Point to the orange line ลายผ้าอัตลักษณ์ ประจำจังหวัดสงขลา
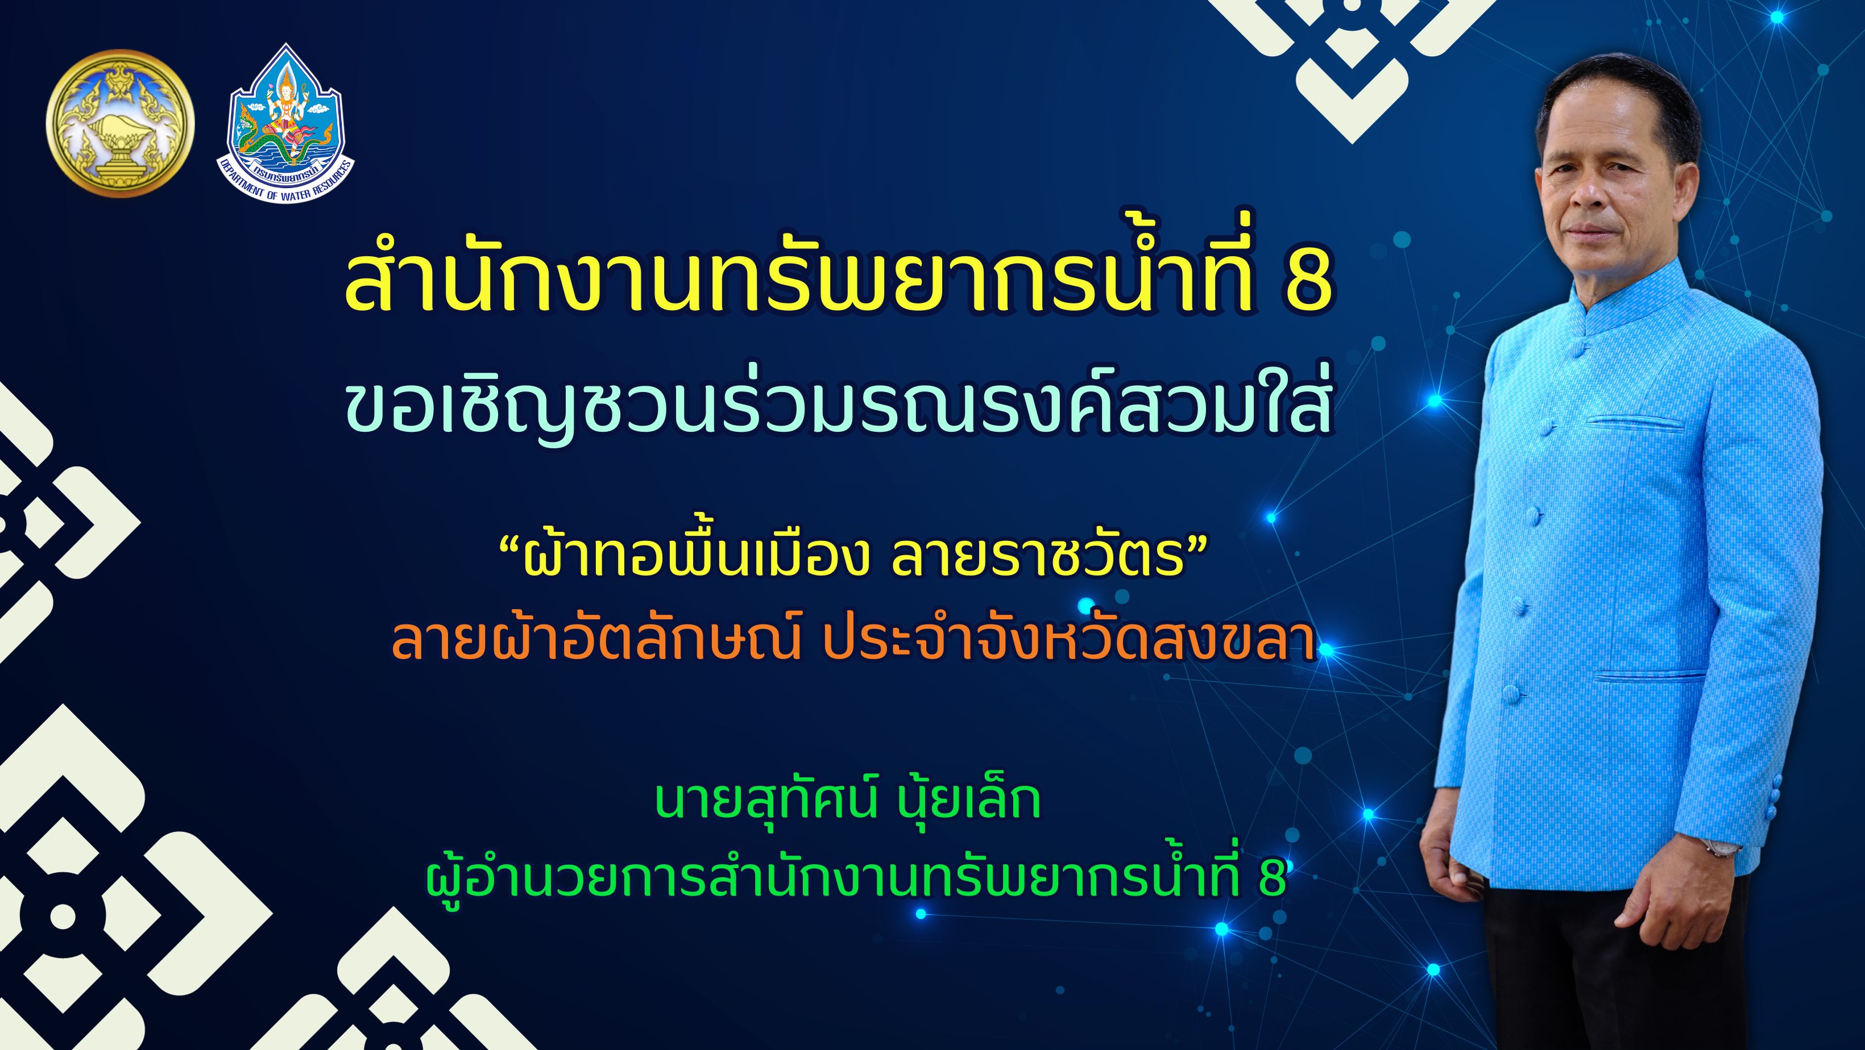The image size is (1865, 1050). tap(853, 640)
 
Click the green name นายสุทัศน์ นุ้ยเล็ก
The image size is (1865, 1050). tap(848, 801)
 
